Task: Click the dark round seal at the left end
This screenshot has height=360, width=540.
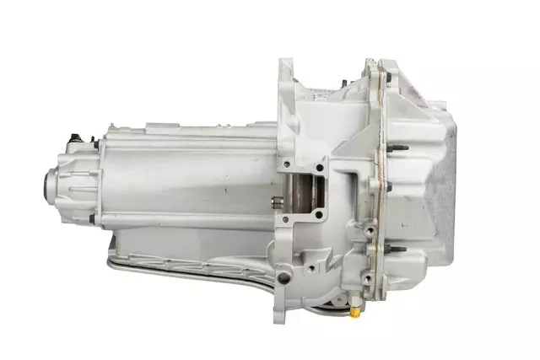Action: tap(47, 182)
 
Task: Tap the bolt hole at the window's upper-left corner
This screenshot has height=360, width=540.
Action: tap(285, 163)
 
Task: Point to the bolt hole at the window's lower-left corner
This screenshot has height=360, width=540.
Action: tap(285, 221)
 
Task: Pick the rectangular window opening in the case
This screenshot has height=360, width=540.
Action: tap(301, 193)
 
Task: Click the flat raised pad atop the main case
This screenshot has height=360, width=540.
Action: tap(169, 127)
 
